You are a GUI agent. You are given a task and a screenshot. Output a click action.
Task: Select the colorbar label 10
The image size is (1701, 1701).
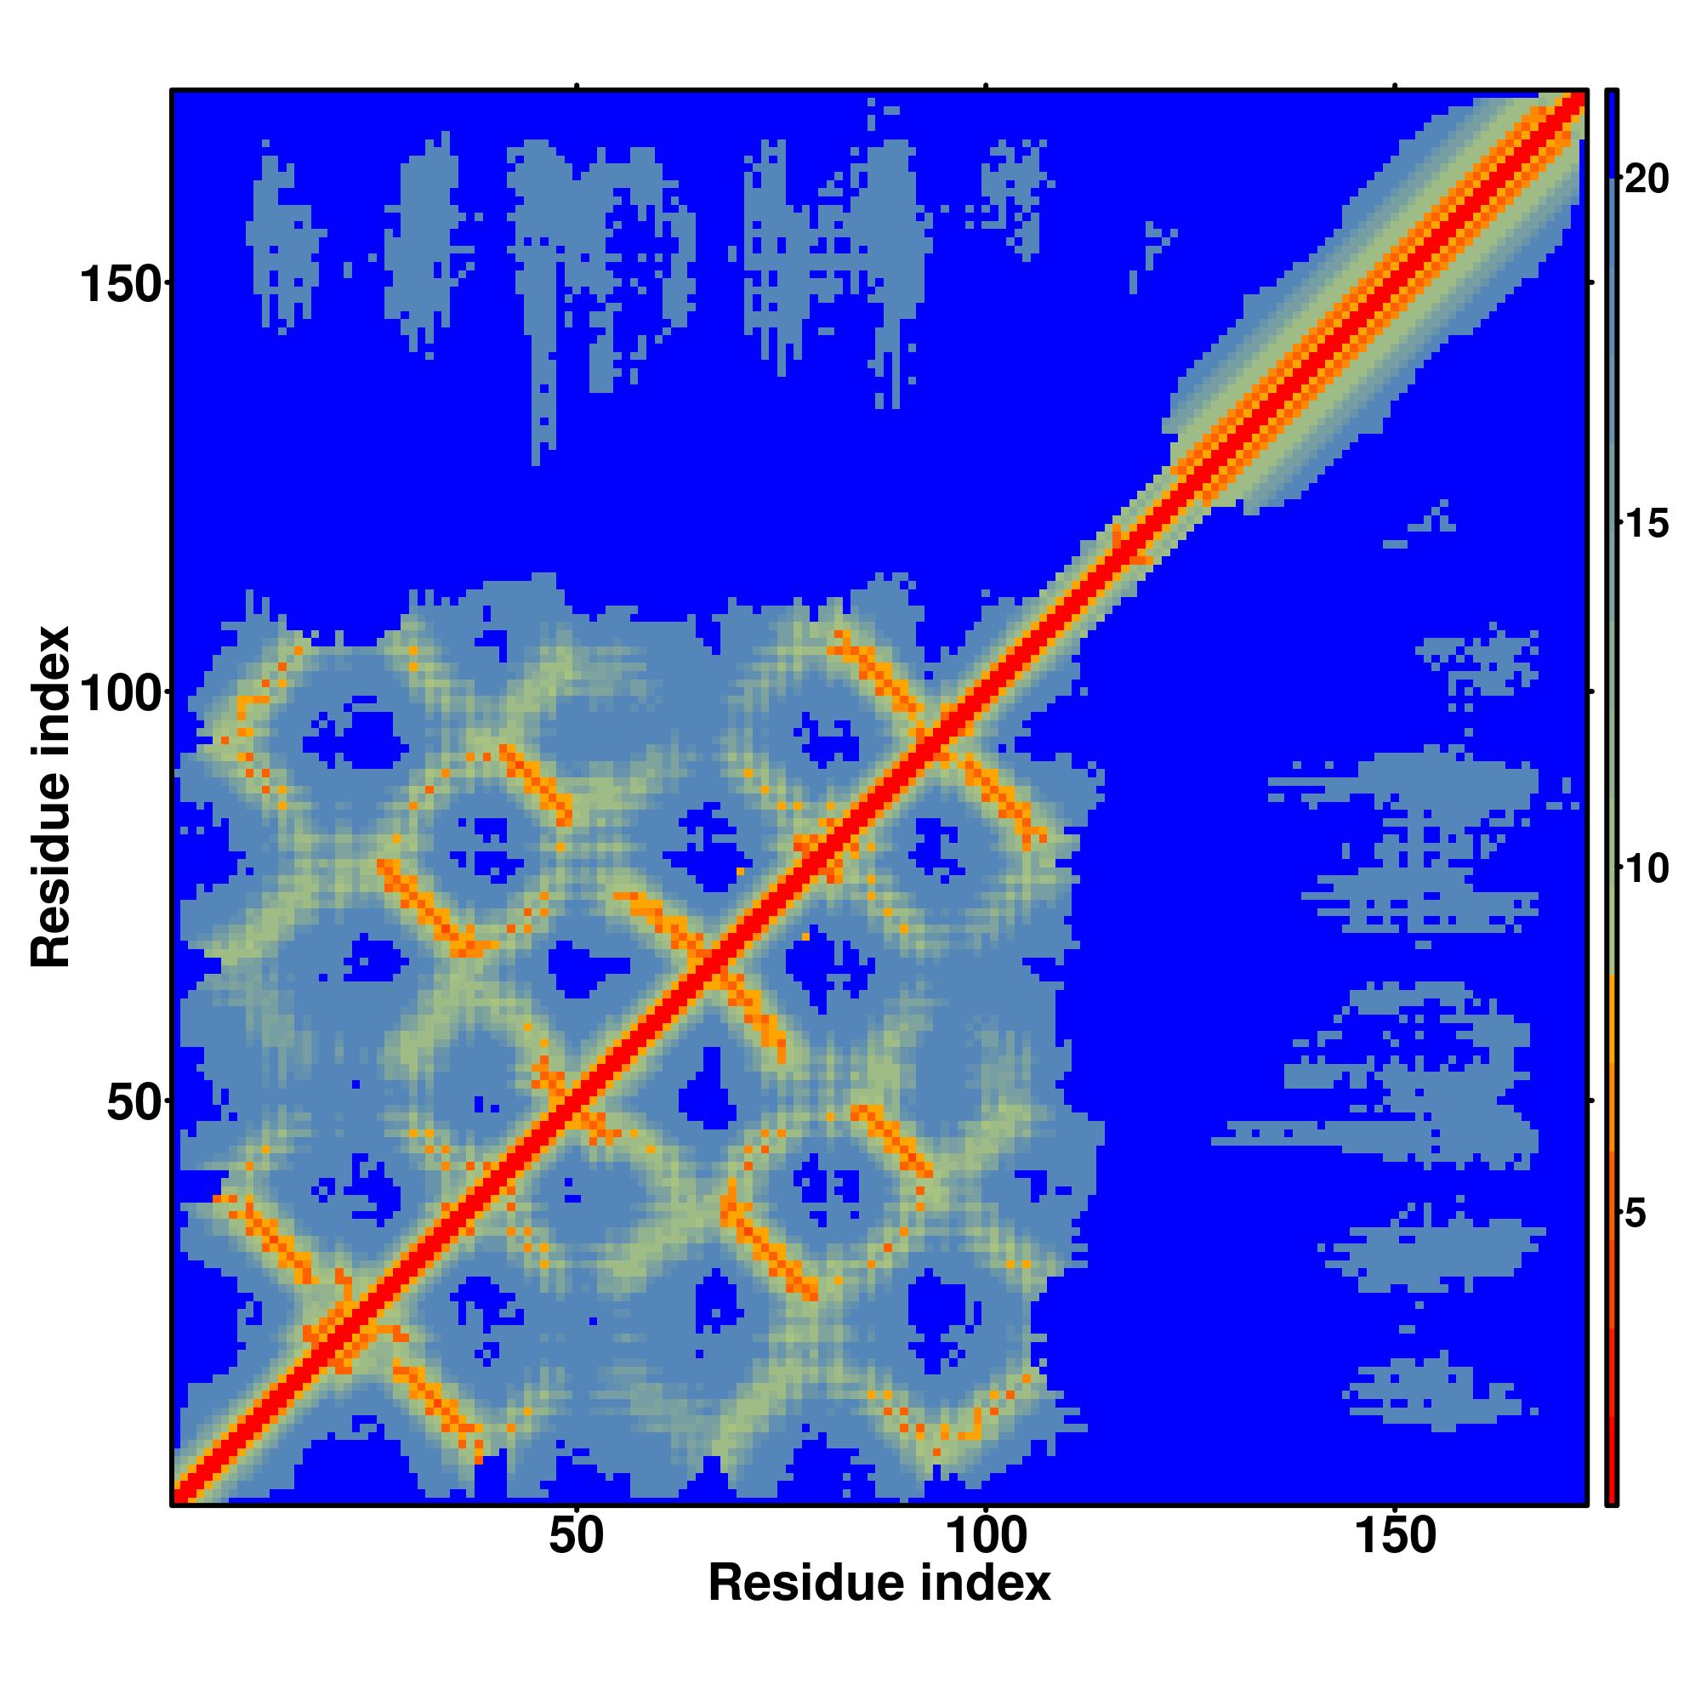[1646, 870]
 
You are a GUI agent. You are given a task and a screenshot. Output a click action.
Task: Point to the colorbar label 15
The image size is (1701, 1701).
[1646, 525]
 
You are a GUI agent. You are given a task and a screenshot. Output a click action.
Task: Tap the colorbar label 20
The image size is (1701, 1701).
[1646, 179]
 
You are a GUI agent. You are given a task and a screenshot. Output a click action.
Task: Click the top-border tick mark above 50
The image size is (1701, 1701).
[577, 86]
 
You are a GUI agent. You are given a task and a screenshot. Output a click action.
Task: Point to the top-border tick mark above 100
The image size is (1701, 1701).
[986, 86]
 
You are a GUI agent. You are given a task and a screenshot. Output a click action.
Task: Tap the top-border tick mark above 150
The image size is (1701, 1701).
[1396, 86]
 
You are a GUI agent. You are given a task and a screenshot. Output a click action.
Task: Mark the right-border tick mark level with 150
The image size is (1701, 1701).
[1591, 282]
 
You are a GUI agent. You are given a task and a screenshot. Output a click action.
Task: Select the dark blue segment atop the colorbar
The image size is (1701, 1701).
[1611, 132]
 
